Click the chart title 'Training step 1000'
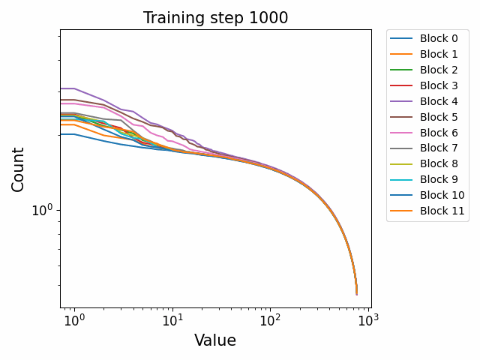(x=215, y=18)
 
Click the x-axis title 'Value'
(x=215, y=340)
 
